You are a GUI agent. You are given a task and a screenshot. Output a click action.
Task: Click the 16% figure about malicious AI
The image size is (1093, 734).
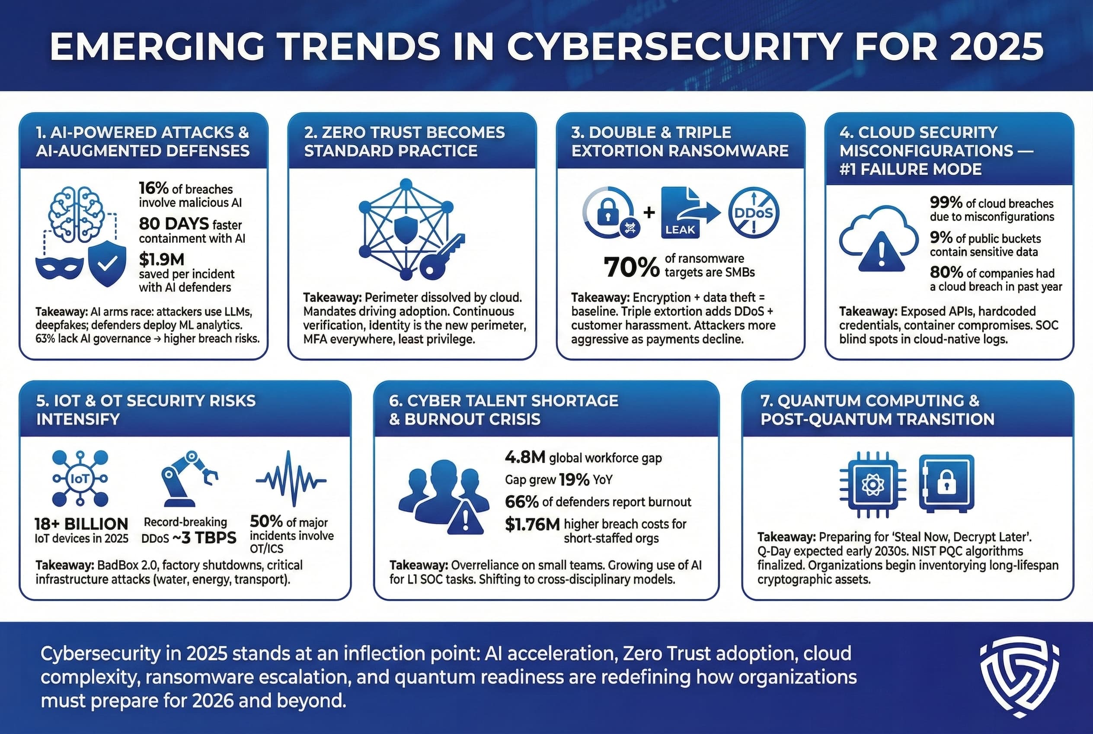[153, 188]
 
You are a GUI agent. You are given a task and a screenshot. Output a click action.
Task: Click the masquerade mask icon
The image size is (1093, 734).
[59, 268]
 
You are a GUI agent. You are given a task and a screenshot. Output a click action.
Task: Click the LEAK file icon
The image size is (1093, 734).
[681, 213]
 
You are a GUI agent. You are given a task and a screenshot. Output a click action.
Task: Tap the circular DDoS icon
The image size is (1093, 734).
[753, 213]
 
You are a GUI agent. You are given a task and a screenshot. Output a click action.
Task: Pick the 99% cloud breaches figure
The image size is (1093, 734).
[946, 203]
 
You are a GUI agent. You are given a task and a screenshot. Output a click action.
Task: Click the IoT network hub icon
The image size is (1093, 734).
[80, 478]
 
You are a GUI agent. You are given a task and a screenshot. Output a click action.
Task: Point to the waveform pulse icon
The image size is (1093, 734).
[291, 480]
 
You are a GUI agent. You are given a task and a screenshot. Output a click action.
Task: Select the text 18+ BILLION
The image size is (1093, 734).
[81, 523]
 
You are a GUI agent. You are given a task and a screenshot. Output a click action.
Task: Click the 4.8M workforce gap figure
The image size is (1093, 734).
[525, 457]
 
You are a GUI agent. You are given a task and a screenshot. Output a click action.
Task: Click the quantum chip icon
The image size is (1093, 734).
[872, 484]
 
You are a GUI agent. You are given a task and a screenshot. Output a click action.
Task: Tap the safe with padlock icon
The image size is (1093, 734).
[946, 483]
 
